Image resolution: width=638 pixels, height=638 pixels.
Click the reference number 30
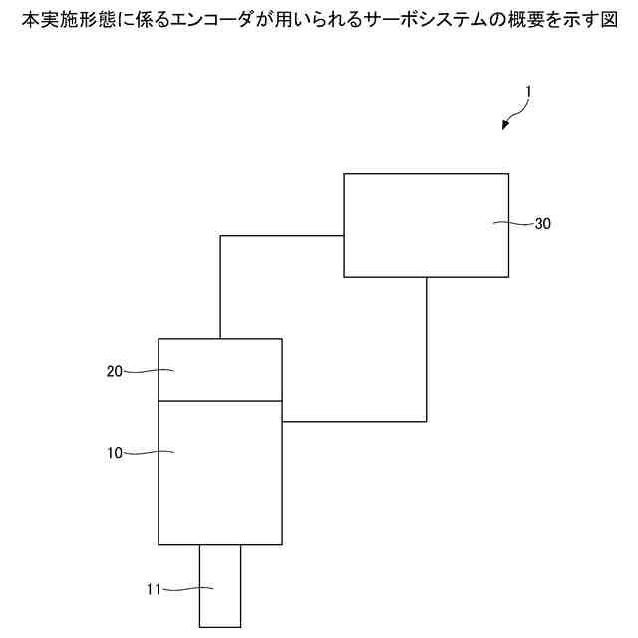point(543,224)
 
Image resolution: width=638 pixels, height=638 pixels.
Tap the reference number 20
point(115,371)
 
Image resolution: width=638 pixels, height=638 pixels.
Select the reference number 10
point(115,453)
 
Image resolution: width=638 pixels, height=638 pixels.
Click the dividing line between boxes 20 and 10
point(220,401)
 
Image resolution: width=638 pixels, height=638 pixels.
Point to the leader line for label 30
point(516,224)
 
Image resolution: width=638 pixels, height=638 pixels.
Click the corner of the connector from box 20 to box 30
point(220,236)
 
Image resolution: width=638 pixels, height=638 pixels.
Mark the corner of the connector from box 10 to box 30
point(427,421)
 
